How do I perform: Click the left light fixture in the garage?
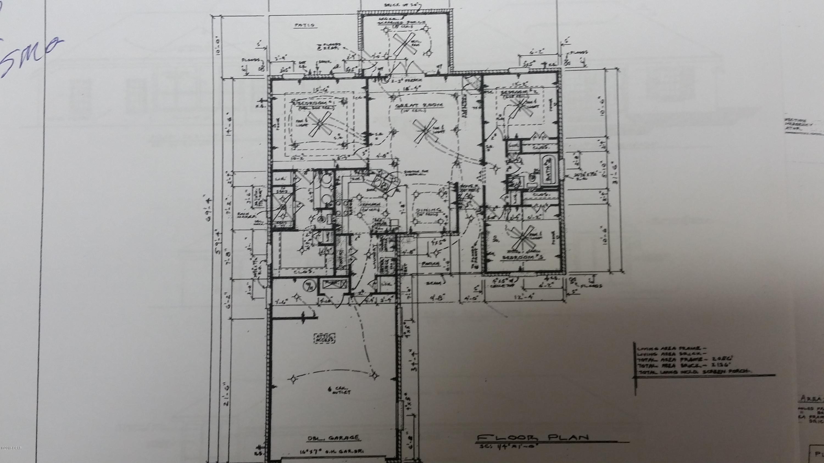pos(292,379)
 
